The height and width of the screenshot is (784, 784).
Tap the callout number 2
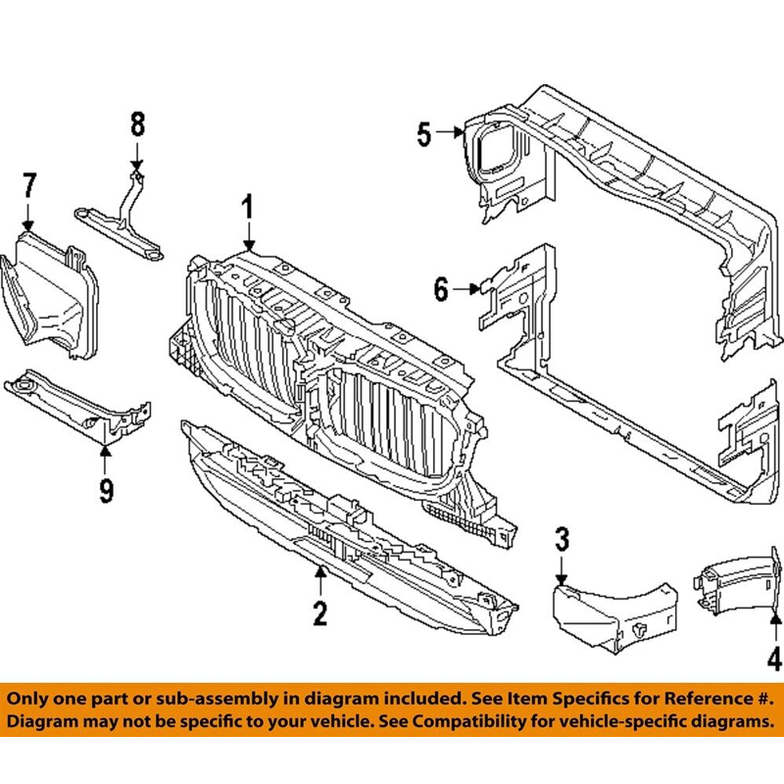[x=319, y=613]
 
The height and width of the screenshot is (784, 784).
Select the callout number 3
[x=562, y=538]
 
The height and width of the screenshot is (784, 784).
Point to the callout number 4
[x=774, y=659]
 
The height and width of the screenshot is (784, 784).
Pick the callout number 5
[x=423, y=133]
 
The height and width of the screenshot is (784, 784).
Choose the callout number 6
[x=441, y=289]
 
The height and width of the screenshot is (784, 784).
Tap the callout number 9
[x=106, y=487]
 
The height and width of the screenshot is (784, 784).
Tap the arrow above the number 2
[x=319, y=575]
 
